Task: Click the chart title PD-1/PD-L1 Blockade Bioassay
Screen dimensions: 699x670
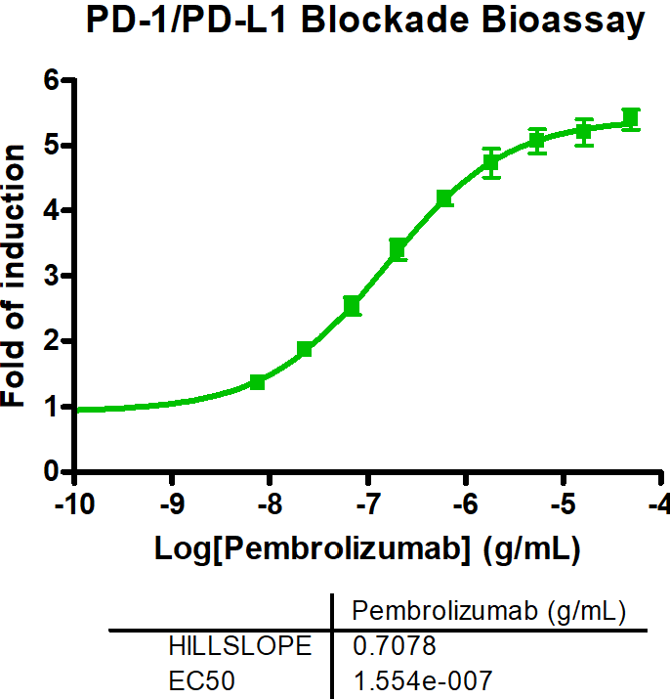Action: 365,22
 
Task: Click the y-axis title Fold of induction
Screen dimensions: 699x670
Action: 16,275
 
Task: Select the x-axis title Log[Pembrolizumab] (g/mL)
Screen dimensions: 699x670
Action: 368,548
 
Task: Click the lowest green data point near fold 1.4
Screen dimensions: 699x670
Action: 258,381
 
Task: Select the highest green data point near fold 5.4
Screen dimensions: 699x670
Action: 630,120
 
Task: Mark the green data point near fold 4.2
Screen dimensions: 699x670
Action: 444,198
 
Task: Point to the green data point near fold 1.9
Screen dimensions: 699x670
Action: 305,349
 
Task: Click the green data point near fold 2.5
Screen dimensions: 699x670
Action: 352,307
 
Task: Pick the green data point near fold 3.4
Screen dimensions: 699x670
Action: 398,249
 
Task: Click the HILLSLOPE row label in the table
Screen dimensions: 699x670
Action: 240,646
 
